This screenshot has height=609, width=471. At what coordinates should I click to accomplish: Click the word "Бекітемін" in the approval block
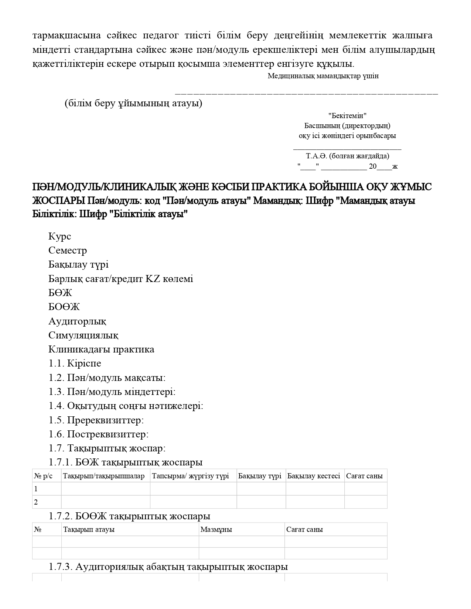(x=347, y=116)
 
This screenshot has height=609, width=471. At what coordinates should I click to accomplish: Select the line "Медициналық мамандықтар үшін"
(x=323, y=76)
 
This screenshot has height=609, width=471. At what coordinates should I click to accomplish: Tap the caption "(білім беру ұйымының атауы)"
(x=133, y=103)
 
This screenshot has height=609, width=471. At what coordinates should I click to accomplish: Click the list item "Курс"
(x=59, y=236)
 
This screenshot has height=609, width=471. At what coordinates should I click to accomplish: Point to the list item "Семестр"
(x=68, y=250)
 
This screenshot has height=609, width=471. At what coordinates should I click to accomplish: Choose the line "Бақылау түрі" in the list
(x=78, y=264)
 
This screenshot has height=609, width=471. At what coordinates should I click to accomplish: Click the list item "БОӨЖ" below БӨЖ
(x=64, y=307)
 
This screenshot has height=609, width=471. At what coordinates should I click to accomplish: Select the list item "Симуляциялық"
(x=83, y=335)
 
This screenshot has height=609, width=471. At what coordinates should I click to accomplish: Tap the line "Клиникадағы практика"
(x=101, y=349)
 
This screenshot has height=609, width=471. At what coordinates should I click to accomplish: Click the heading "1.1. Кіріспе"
(x=75, y=363)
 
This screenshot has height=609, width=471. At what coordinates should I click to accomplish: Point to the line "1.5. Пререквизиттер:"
(x=96, y=420)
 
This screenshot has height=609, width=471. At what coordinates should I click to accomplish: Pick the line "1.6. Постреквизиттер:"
(x=98, y=434)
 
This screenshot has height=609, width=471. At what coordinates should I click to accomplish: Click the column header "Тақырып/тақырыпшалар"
(x=104, y=476)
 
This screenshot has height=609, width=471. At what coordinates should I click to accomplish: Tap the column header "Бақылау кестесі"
(x=314, y=476)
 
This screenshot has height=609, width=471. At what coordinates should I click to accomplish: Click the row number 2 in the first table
(x=36, y=502)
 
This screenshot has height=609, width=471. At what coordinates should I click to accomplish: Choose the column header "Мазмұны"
(x=216, y=530)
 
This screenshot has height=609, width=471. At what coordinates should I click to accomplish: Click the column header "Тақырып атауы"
(x=89, y=530)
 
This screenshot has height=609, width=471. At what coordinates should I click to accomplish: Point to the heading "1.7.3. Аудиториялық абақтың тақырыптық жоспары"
(x=168, y=567)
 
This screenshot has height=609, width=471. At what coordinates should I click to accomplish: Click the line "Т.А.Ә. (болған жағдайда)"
(x=347, y=156)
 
